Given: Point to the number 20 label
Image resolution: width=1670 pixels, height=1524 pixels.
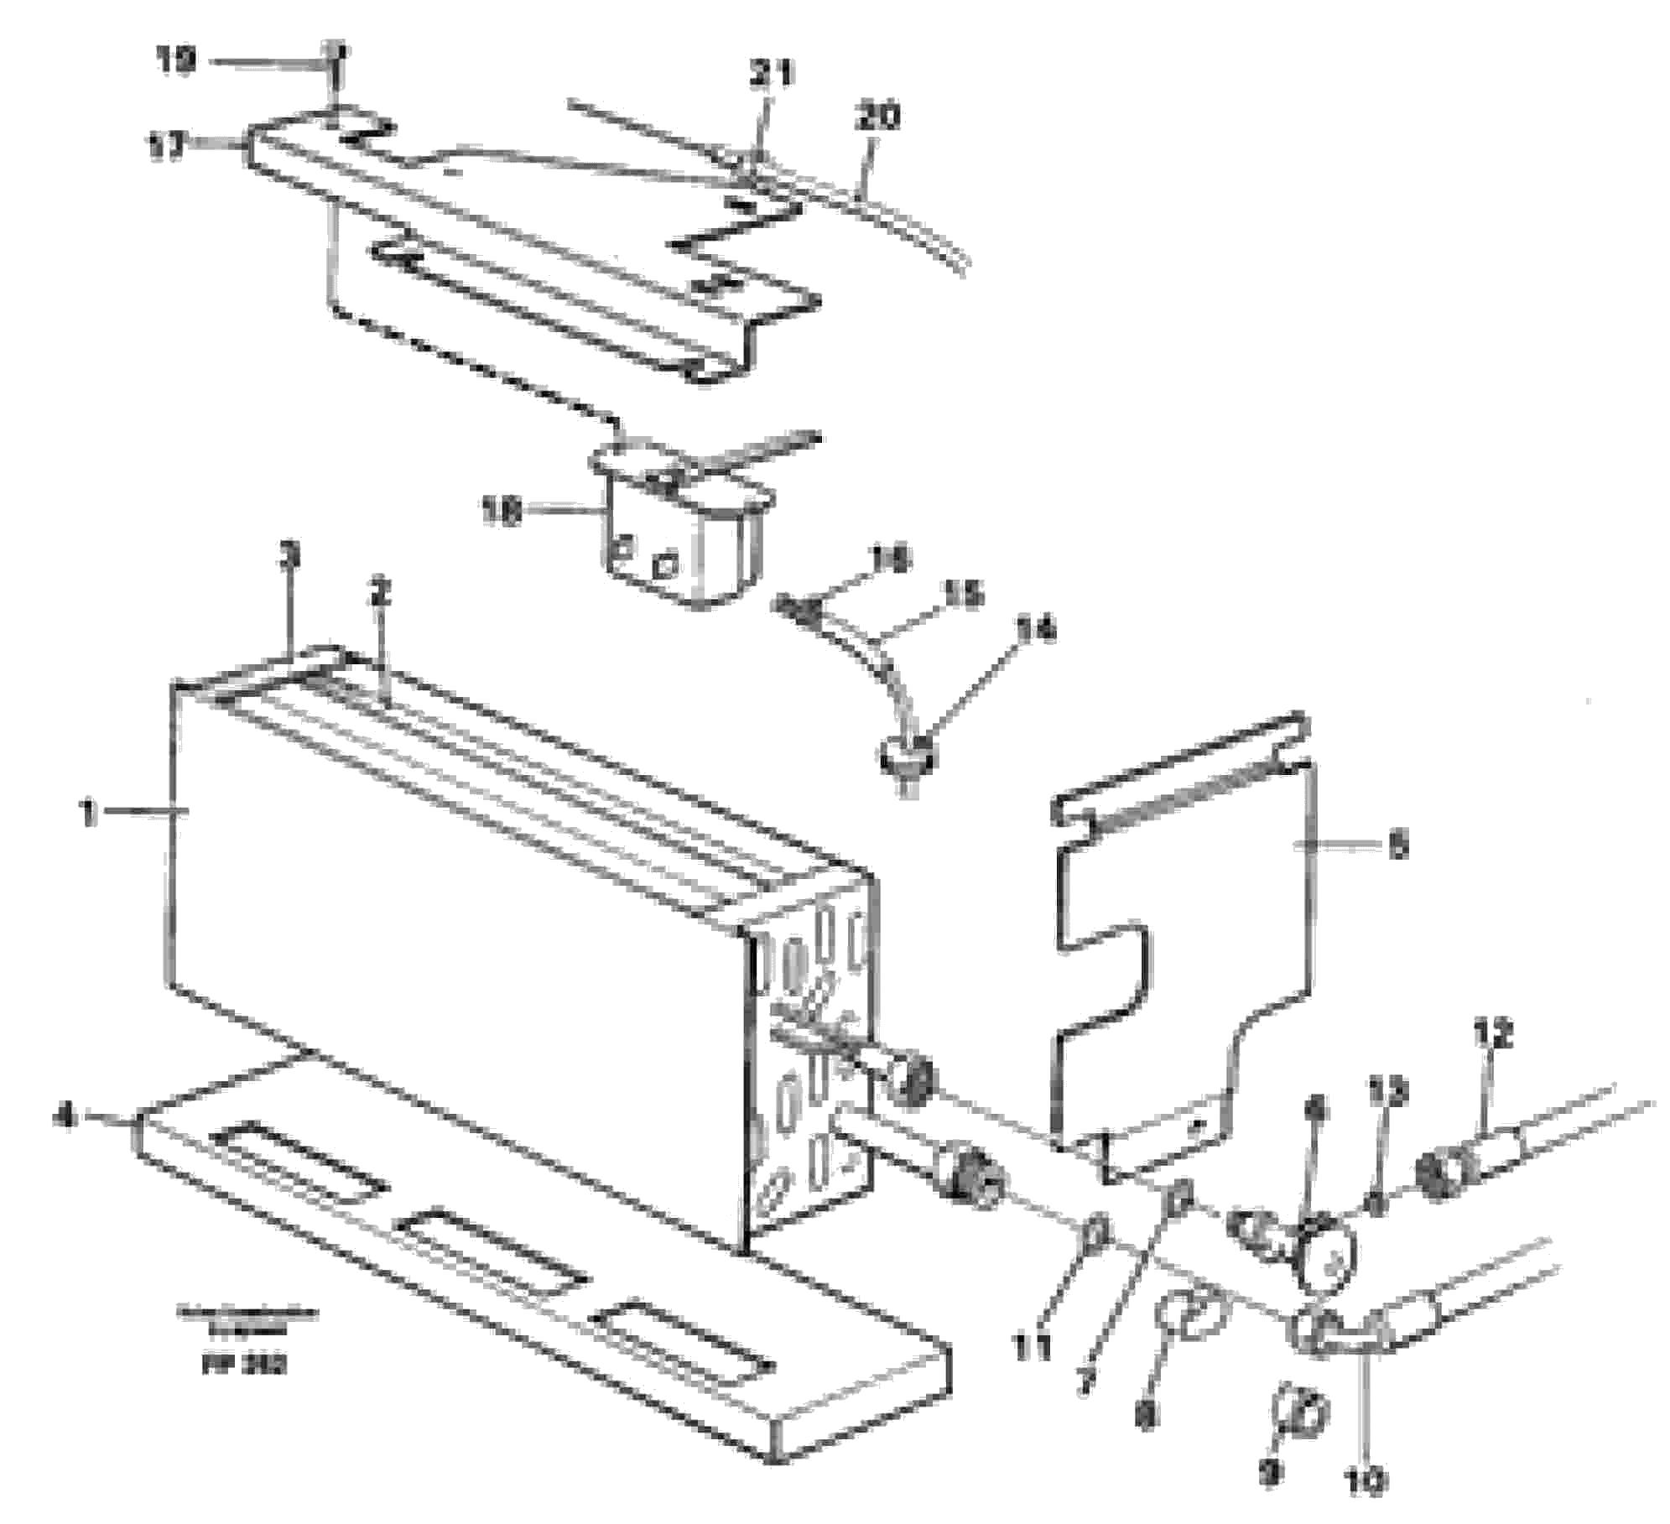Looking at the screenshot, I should coord(877,116).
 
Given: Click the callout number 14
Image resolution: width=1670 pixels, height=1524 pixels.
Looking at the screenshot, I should coord(1034,630).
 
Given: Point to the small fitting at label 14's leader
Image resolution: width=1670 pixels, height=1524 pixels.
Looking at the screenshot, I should coord(904,755).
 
